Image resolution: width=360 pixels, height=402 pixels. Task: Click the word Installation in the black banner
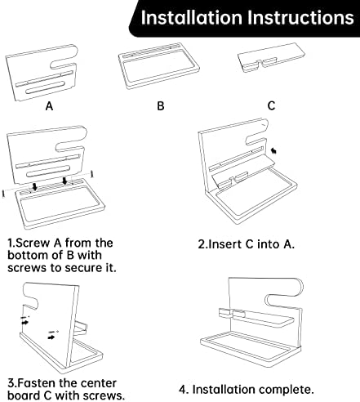tap(192, 18)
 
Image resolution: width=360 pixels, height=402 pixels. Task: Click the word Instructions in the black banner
tap(300, 18)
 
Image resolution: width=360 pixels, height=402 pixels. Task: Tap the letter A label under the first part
tap(49, 105)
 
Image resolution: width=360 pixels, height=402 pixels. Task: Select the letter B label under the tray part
tap(161, 105)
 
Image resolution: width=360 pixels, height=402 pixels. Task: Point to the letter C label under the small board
tap(271, 105)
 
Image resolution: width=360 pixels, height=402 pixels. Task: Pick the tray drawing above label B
tap(159, 66)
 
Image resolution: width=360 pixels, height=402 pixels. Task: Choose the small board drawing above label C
tap(271, 58)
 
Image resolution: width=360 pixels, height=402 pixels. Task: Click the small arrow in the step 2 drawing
tap(273, 150)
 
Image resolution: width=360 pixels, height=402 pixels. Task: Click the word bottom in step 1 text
tap(27, 255)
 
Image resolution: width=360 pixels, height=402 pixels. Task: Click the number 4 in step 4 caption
tap(182, 390)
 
